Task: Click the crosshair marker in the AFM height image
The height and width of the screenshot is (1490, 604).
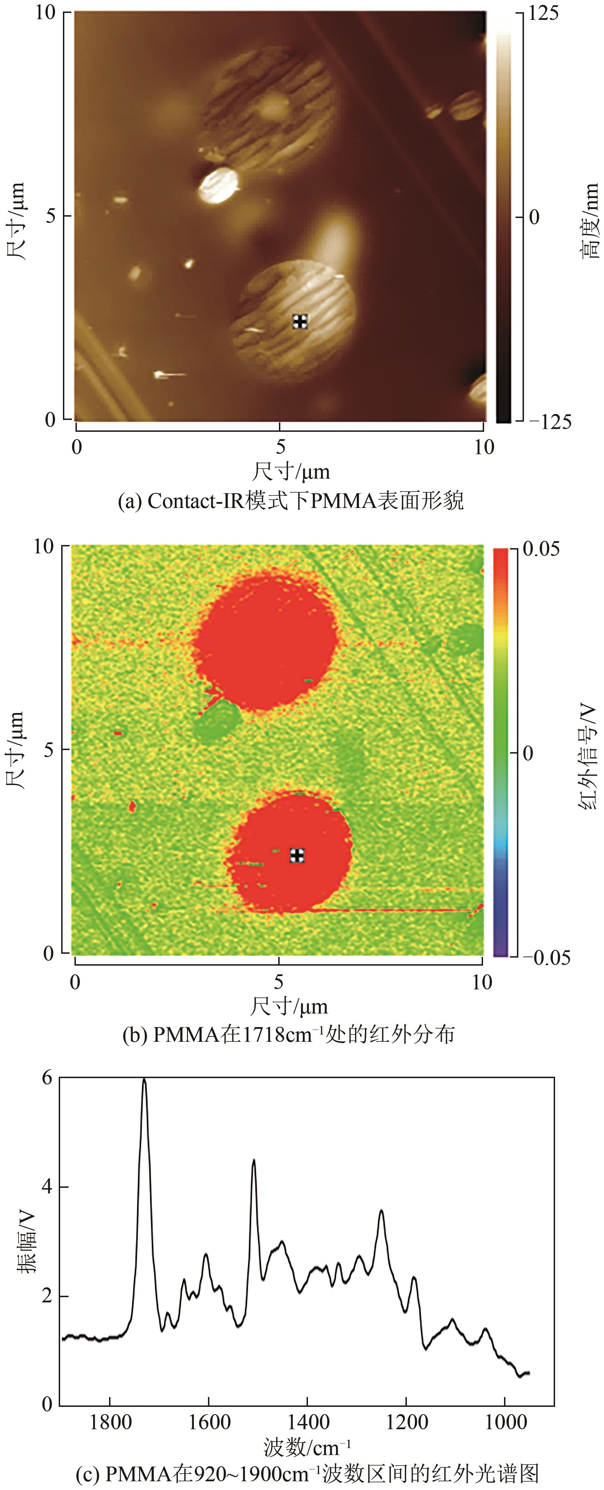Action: [300, 322]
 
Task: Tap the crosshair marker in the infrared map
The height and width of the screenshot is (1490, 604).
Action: [297, 856]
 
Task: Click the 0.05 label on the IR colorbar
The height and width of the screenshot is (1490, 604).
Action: [541, 548]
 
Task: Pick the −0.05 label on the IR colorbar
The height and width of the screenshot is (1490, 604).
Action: [546, 957]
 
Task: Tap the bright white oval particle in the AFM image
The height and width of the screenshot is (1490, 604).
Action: [219, 185]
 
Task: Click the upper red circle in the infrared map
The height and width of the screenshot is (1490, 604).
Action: [265, 640]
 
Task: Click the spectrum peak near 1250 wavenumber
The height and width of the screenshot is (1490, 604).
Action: [381, 1211]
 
